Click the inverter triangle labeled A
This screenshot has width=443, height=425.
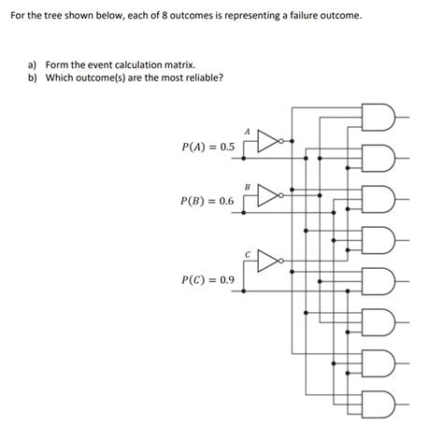[268, 142]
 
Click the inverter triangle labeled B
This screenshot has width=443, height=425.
[268, 196]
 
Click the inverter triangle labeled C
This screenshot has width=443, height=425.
[268, 259]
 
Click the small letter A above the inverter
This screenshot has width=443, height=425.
[247, 132]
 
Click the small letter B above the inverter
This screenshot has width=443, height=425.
[247, 187]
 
